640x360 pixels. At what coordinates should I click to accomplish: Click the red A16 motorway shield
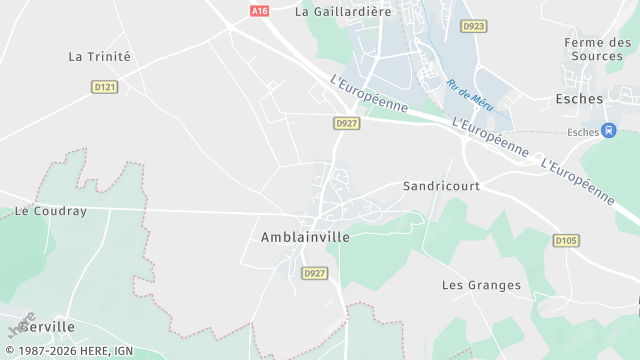pyautogui.click(x=260, y=10)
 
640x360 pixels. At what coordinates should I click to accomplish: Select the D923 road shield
pyautogui.click(x=474, y=26)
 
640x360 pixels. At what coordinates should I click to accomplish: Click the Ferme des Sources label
pyautogui.click(x=598, y=49)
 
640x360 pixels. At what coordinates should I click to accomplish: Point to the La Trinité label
pyautogui.click(x=99, y=57)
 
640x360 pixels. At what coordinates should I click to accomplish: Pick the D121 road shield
pyautogui.click(x=105, y=87)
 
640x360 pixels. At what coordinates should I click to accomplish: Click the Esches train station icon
pyautogui.click(x=608, y=131)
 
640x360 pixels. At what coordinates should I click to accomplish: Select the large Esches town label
pyautogui.click(x=579, y=99)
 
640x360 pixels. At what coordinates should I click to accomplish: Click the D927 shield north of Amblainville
pyautogui.click(x=347, y=123)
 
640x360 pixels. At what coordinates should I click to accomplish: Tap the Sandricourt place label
pyautogui.click(x=441, y=186)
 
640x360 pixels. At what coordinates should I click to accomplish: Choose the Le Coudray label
pyautogui.click(x=51, y=212)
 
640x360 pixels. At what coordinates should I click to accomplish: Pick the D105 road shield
pyautogui.click(x=566, y=240)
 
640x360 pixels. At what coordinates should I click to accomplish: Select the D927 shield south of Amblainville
pyautogui.click(x=314, y=273)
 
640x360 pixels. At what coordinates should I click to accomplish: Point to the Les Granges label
pyautogui.click(x=481, y=285)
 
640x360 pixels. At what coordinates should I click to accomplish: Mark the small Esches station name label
pyautogui.click(x=582, y=132)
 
